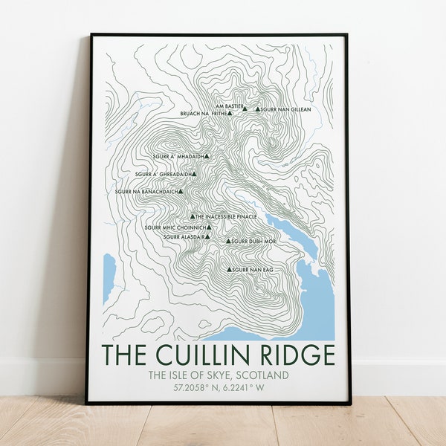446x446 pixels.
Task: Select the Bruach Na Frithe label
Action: coord(203,114)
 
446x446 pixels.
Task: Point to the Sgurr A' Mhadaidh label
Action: coord(178,156)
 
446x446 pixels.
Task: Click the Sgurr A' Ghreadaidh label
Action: coord(164,174)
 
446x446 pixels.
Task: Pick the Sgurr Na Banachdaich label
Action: coord(146,192)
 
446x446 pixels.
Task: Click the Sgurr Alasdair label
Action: coord(183,237)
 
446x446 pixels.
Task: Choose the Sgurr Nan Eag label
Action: coord(253,269)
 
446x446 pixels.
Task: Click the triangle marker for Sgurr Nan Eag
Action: coord(230,269)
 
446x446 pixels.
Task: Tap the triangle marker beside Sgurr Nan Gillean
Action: coord(258,109)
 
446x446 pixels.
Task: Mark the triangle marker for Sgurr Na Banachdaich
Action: coord(181,192)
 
